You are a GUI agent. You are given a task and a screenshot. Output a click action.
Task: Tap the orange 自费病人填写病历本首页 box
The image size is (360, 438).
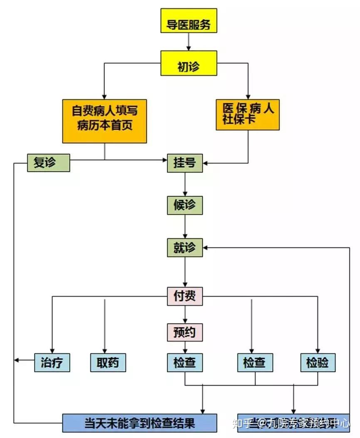[x=104, y=121]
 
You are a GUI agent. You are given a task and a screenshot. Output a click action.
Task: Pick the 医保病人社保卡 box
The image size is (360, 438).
[x=248, y=114]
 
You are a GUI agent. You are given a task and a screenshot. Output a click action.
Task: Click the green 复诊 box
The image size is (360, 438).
[x=48, y=163]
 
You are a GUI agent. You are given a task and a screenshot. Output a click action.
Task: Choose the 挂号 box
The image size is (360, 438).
[x=185, y=163]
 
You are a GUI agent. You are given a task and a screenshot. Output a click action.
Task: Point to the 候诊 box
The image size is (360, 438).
[x=185, y=205]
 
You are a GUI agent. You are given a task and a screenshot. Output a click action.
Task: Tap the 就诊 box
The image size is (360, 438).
[x=185, y=247]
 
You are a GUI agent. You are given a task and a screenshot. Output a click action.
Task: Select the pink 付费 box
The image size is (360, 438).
[x=185, y=296]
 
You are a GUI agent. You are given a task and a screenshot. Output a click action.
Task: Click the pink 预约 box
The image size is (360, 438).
[x=185, y=332]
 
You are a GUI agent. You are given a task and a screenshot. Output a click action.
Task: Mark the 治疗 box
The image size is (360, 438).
[x=52, y=363]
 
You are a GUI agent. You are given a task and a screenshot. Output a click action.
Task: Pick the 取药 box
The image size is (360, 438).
[x=108, y=363]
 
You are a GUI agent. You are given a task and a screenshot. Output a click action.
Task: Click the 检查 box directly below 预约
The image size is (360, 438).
[x=185, y=363]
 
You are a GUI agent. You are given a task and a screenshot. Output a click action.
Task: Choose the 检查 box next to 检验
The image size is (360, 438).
[x=255, y=363]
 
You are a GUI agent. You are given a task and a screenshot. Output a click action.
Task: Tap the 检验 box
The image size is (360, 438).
[x=318, y=363]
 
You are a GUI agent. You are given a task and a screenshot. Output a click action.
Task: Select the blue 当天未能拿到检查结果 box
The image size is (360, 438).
[x=139, y=423]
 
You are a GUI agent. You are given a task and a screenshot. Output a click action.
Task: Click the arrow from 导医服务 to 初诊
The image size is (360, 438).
[x=189, y=42]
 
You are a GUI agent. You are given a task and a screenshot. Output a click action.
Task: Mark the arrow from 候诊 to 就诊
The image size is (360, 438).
[x=185, y=227]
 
